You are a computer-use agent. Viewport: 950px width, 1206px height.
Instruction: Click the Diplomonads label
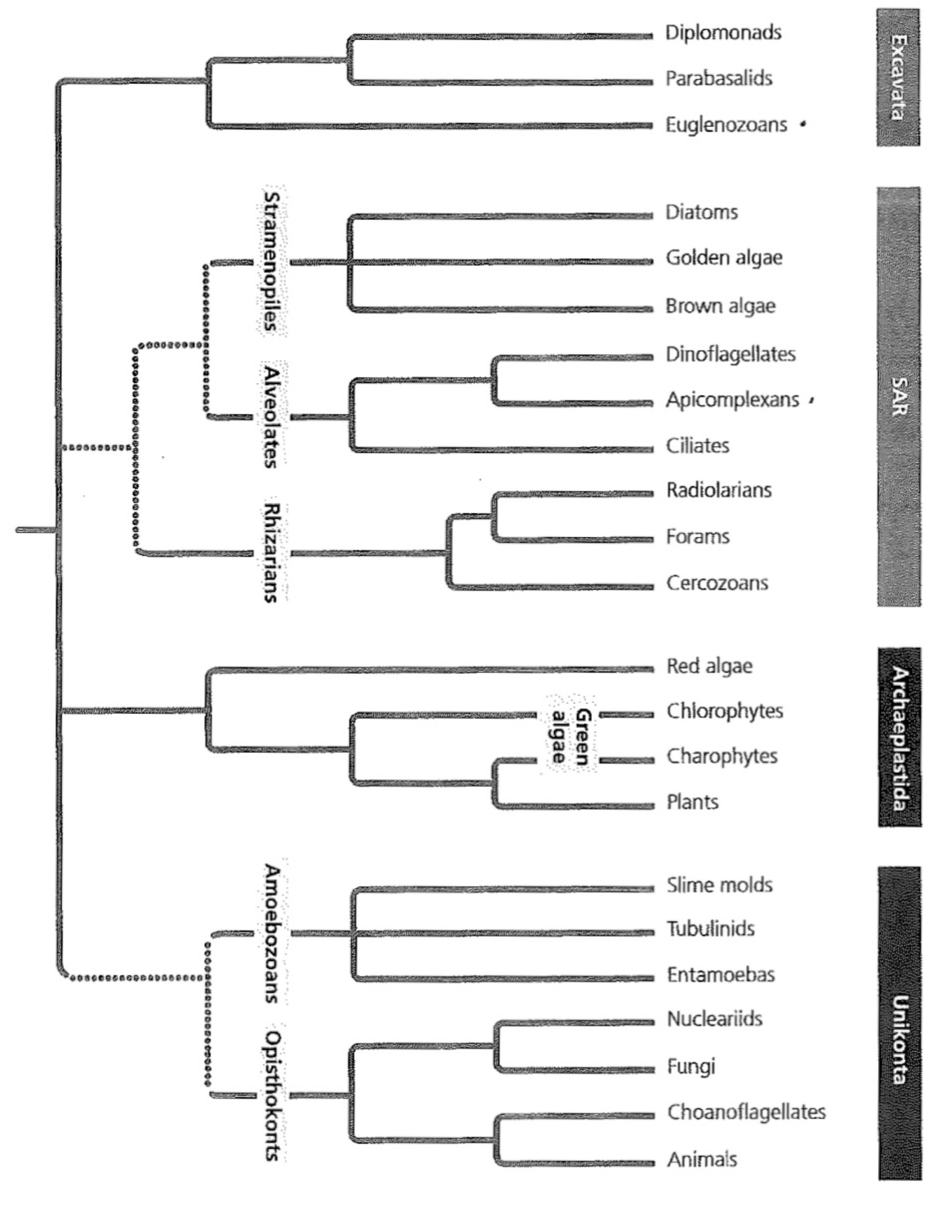[x=723, y=33]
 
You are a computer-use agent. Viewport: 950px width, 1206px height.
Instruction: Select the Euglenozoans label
[x=726, y=125]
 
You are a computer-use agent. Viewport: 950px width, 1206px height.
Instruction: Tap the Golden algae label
[x=724, y=258]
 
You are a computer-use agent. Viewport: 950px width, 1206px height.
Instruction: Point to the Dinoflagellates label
[x=730, y=354]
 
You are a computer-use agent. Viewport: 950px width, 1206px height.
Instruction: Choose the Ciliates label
[x=697, y=446]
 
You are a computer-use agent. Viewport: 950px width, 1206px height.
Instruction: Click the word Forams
[x=697, y=536]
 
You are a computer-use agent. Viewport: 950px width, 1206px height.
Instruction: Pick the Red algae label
[x=709, y=666]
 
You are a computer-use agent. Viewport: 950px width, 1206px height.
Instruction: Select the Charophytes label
[x=721, y=756]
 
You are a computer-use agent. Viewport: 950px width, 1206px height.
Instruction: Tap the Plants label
[x=692, y=802]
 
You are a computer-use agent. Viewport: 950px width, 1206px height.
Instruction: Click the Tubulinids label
[x=710, y=929]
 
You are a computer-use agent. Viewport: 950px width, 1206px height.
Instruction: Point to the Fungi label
[x=691, y=1066]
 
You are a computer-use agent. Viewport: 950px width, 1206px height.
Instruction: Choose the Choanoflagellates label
[x=746, y=1112]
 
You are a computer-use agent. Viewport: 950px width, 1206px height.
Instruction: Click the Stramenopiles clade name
[x=271, y=261]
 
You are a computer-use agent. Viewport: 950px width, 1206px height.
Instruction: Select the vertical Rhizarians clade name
[x=271, y=553]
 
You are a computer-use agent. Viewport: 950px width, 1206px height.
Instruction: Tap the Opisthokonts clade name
[x=271, y=1095]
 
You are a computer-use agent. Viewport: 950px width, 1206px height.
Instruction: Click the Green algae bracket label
[x=571, y=737]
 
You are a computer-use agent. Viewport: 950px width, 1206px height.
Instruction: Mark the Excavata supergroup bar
[x=898, y=78]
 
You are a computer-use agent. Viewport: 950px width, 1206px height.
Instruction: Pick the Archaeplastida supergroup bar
[x=899, y=737]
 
